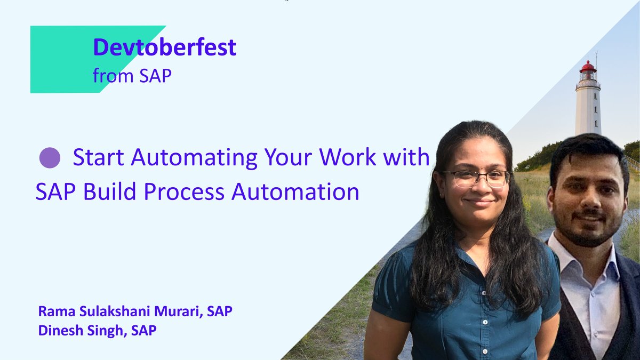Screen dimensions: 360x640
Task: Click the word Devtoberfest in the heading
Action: point(164,48)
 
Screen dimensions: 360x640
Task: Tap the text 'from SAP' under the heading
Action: point(132,76)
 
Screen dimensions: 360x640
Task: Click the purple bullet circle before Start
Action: point(50,158)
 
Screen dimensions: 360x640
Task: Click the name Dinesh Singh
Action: point(80,331)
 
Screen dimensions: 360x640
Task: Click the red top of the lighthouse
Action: point(588,67)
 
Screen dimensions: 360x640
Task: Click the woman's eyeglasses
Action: point(476,178)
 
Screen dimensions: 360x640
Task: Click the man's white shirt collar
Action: point(565,256)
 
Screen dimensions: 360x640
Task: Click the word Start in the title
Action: point(98,158)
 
